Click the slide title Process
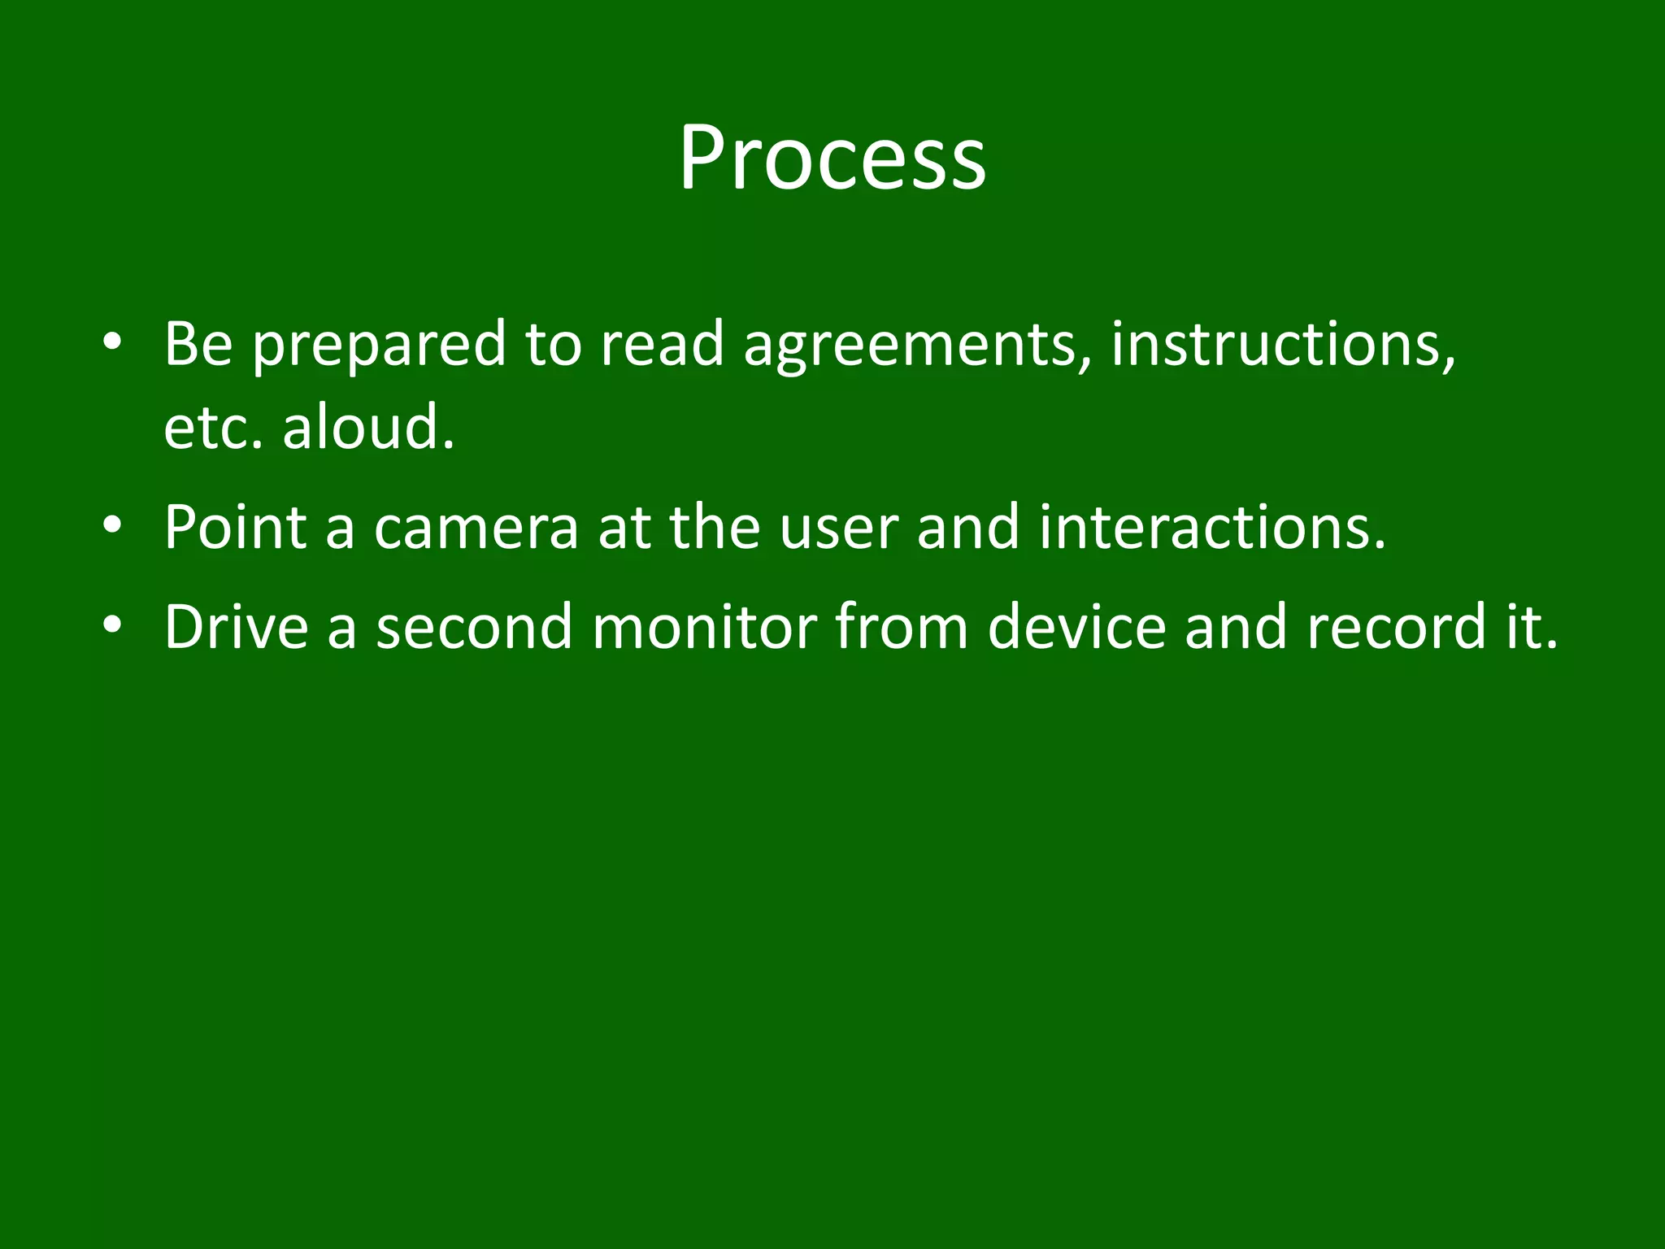[x=832, y=158]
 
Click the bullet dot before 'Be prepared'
[x=113, y=341]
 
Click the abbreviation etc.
[x=213, y=429]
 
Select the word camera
[x=476, y=528]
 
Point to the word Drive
[x=236, y=627]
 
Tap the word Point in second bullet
[x=235, y=528]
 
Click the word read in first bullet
[x=661, y=343]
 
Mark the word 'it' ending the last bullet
[x=1528, y=627]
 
